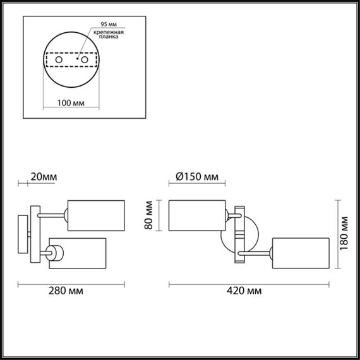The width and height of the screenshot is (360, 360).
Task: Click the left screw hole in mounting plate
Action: coord(59,61)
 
